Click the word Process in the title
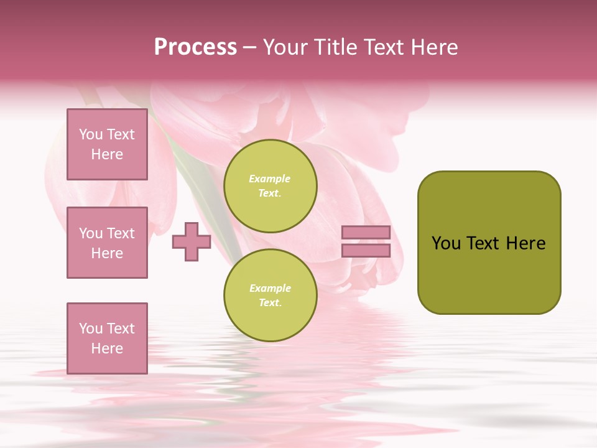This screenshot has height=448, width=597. (x=195, y=47)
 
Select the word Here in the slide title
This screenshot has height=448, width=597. (x=433, y=47)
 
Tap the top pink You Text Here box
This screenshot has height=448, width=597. (x=107, y=144)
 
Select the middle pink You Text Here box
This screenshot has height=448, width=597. (x=107, y=243)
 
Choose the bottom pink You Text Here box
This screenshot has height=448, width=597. (x=107, y=338)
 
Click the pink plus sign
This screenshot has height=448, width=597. (x=192, y=242)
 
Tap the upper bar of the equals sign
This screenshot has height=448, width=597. (x=366, y=232)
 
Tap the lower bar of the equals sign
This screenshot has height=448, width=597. (x=366, y=251)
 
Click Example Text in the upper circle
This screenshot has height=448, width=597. (x=269, y=185)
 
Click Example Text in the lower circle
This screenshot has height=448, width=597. (x=270, y=295)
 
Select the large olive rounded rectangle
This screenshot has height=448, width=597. (x=489, y=274)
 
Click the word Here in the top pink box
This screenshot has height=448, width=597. (x=107, y=154)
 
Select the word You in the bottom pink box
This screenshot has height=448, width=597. (x=90, y=329)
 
